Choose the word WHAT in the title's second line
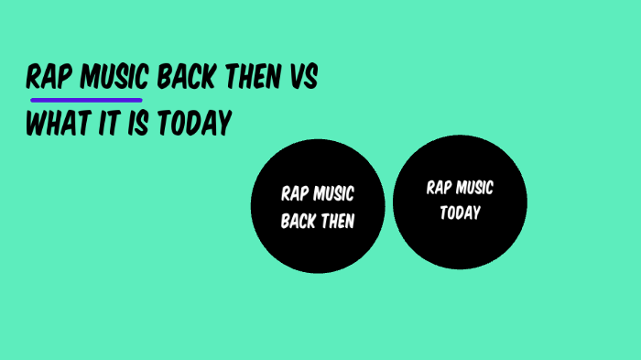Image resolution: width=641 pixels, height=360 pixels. (56, 123)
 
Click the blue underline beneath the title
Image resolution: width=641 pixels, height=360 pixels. (86, 98)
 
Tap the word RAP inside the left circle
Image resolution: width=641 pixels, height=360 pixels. (295, 194)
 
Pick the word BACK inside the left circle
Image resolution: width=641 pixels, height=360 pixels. (299, 221)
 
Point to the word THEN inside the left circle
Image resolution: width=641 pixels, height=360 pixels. (337, 221)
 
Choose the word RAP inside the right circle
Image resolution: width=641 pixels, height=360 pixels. (440, 189)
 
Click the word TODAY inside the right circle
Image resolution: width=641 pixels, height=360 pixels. (460, 213)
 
